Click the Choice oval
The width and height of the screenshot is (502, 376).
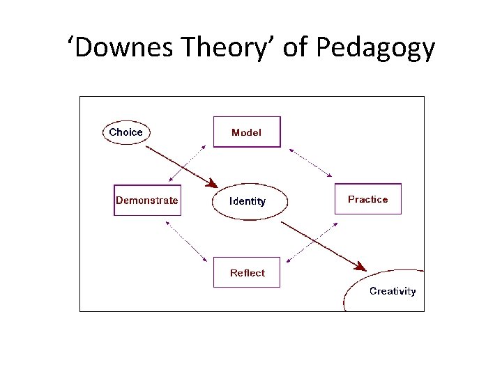[126, 132]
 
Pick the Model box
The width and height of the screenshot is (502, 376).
[247, 132]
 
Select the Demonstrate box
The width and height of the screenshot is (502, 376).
[147, 201]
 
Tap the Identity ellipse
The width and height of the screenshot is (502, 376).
[248, 201]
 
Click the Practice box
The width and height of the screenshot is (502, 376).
[368, 199]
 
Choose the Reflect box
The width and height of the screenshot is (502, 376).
[247, 273]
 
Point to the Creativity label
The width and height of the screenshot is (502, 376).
[393, 291]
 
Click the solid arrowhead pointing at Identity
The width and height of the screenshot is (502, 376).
[210, 182]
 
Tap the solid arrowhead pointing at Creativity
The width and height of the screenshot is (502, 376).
[360, 266]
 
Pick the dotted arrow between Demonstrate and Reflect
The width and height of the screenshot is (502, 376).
[186, 242]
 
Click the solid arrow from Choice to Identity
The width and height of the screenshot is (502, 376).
[178, 164]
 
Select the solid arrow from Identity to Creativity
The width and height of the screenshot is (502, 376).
[321, 244]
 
